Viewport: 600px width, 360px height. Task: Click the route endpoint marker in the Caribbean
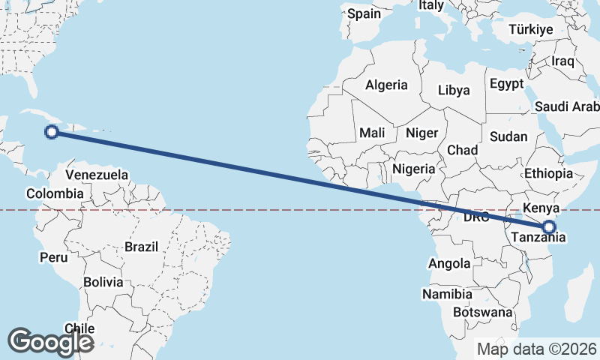[52, 133]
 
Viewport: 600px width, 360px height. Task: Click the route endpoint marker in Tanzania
[549, 226]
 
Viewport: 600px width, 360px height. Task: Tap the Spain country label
[364, 13]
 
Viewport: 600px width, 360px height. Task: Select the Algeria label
[386, 85]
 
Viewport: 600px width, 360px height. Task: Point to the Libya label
[454, 90]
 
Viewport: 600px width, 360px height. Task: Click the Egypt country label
[507, 84]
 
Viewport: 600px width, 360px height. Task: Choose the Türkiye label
[530, 29]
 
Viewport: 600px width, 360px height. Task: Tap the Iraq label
[562, 61]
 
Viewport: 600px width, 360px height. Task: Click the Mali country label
[372, 133]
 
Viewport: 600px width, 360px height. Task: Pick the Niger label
[421, 133]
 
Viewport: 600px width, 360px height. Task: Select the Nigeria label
[413, 169]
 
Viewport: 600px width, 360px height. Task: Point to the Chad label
[462, 150]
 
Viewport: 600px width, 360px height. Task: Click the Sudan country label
[508, 137]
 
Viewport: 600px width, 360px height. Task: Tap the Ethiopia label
[548, 173]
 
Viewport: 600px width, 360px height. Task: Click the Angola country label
[449, 263]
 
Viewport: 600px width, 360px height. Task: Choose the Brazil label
[142, 246]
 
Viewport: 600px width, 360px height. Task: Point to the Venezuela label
[97, 175]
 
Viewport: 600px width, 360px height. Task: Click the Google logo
[50, 341]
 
